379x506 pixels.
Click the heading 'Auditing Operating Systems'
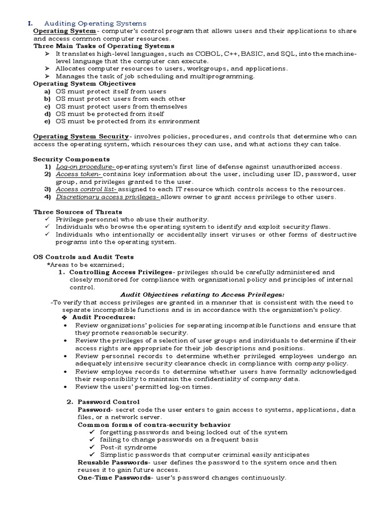coord(95,23)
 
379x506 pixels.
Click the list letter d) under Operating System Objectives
coord(47,114)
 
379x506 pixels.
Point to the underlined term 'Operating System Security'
coord(80,136)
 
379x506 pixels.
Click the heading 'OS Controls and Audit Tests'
coord(83,257)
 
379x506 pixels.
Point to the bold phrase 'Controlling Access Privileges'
coord(120,272)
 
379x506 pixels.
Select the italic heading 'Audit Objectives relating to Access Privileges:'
coord(202,295)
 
